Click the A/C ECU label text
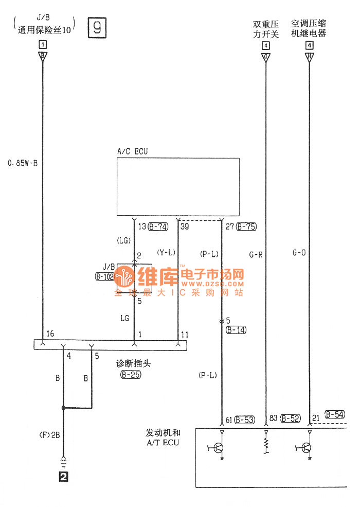[x=133, y=151]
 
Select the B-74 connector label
[x=158, y=226]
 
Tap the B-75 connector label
[x=246, y=226]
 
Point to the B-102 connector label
[x=104, y=276]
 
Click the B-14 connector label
[x=237, y=330]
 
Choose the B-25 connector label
[x=131, y=375]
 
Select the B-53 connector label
[x=245, y=420]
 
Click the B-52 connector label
[x=291, y=419]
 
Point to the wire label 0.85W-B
[x=23, y=163]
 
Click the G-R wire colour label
[x=256, y=254]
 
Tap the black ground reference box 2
[x=63, y=477]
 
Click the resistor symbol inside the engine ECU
[x=266, y=445]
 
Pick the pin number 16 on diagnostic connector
[x=50, y=335]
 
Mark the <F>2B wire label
[x=49, y=434]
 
